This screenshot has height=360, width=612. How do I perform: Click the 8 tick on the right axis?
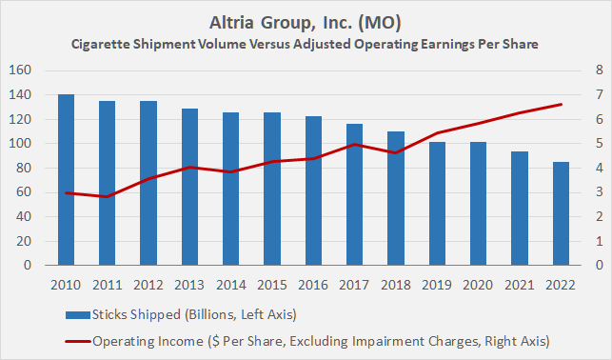(597, 70)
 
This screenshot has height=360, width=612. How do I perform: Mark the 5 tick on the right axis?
(597, 144)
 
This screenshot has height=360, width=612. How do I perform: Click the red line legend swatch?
(76, 339)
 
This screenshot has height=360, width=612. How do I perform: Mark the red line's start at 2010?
(66, 193)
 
